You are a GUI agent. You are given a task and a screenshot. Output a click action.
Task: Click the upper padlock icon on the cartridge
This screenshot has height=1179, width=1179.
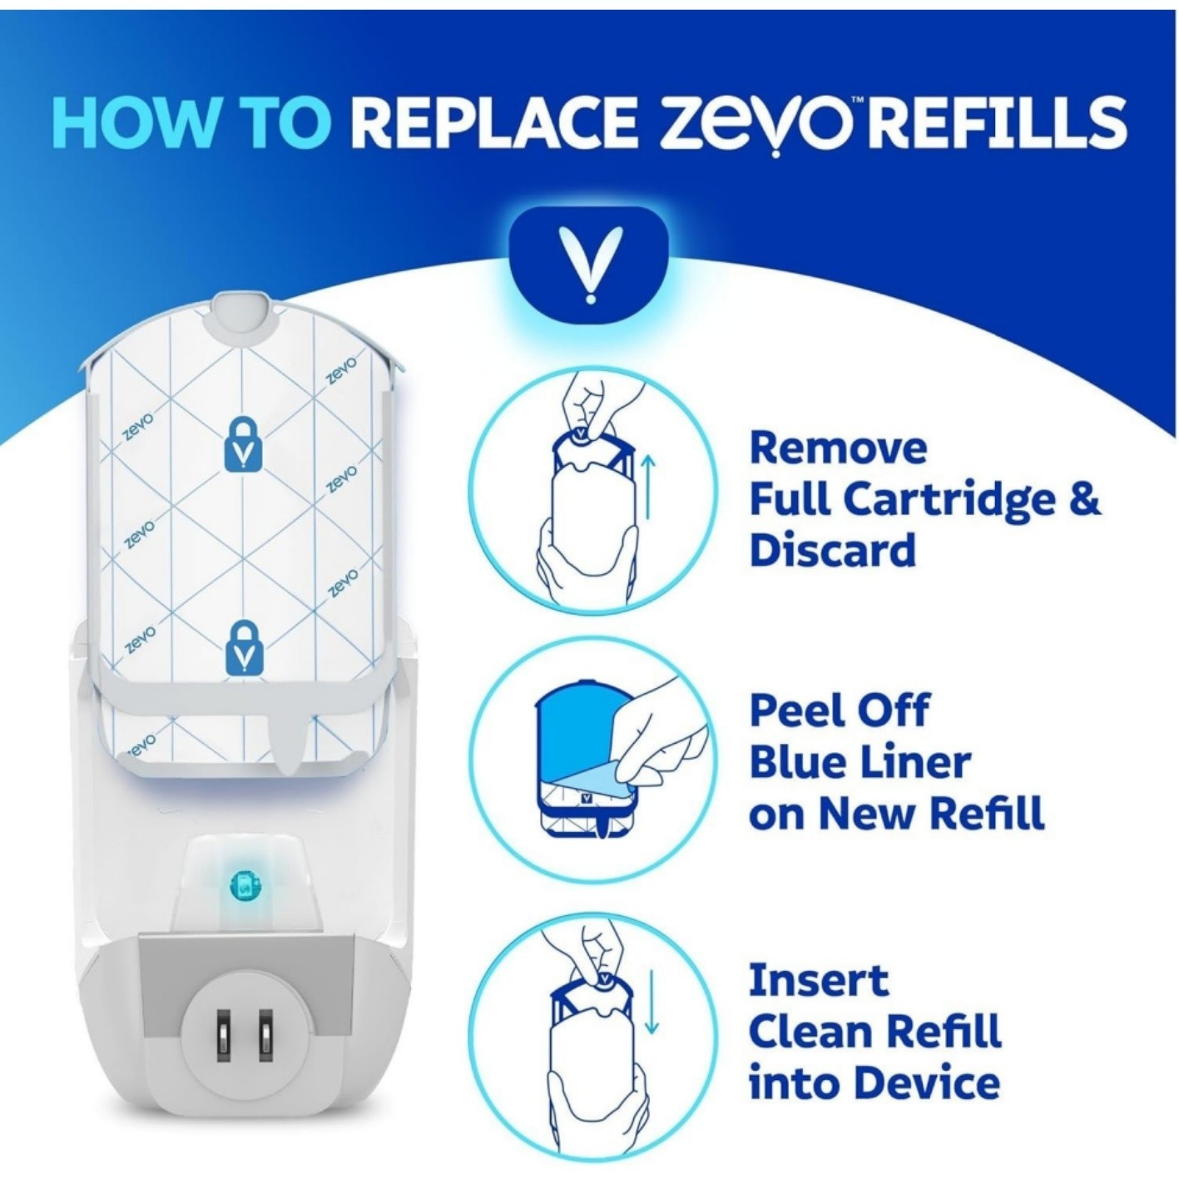tap(242, 445)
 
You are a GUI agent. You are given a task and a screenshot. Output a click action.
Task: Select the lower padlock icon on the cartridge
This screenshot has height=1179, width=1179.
tap(242, 647)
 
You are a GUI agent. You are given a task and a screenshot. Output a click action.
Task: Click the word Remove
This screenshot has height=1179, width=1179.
tap(837, 448)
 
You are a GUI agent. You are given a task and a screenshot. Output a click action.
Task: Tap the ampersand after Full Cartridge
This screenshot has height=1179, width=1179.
tap(1083, 499)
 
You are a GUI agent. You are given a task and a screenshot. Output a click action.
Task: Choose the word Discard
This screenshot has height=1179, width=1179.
tap(832, 551)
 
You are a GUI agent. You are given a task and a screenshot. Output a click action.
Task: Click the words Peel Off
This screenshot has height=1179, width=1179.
tap(839, 711)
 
